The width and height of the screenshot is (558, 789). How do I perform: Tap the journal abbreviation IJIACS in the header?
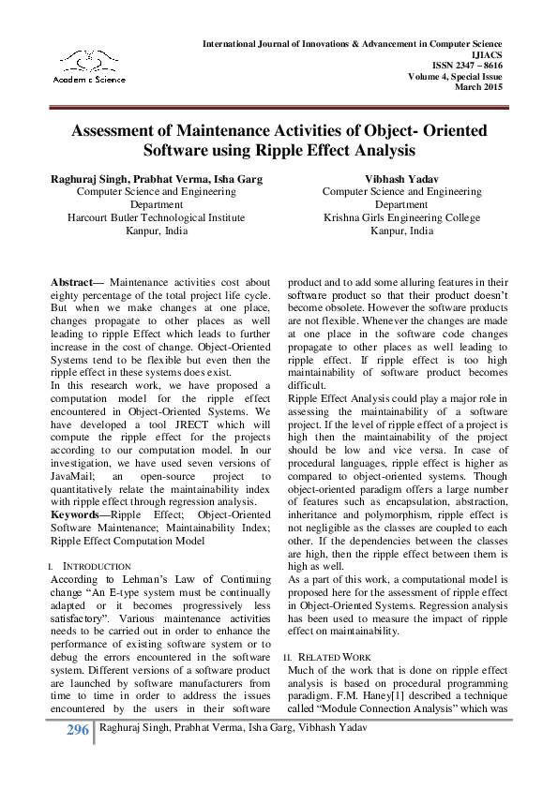[x=485, y=55]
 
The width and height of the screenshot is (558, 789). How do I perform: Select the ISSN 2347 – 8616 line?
[x=467, y=66]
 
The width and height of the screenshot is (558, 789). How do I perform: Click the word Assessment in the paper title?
[x=120, y=131]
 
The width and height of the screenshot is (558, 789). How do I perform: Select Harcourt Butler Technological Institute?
[x=156, y=217]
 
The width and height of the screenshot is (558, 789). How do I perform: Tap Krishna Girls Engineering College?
[x=401, y=217]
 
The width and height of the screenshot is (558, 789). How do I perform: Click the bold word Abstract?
[x=77, y=281]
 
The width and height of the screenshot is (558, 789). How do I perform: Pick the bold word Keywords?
[x=78, y=514]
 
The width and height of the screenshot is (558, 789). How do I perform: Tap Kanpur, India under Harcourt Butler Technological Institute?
[x=156, y=231]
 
